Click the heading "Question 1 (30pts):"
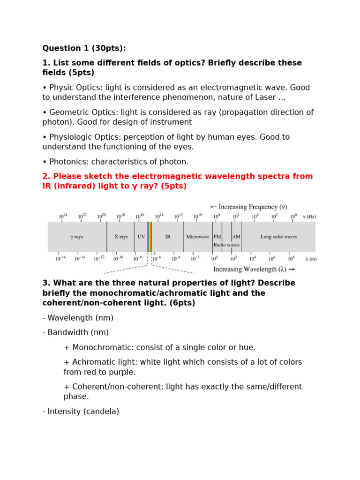(x=84, y=48)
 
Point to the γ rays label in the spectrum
(x=76, y=237)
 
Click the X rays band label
(x=121, y=237)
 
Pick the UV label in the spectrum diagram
(x=141, y=237)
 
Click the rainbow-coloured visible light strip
(x=150, y=237)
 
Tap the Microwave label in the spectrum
(x=197, y=237)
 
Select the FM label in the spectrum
(x=217, y=237)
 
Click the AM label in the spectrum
(x=236, y=237)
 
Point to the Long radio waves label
(x=278, y=237)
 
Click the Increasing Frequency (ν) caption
(x=248, y=207)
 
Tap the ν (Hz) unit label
(x=309, y=217)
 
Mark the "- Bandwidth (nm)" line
(x=75, y=332)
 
